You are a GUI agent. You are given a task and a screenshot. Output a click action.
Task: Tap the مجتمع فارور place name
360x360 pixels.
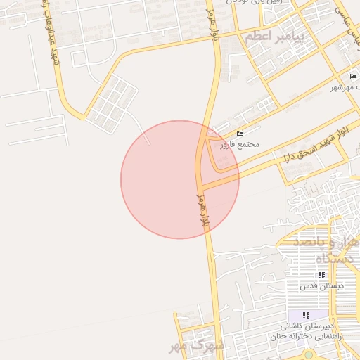(240, 145)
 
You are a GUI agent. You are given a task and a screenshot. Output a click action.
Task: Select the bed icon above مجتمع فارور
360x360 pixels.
(240, 134)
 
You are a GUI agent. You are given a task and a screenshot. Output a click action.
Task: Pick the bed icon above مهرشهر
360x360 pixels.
(353, 76)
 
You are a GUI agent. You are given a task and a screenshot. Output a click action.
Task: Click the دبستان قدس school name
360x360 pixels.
(321, 286)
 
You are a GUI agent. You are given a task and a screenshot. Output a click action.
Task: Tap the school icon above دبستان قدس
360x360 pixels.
(321, 276)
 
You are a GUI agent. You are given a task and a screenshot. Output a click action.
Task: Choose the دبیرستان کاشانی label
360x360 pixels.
(305, 326)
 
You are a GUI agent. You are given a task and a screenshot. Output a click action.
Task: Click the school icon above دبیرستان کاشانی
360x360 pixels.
(306, 315)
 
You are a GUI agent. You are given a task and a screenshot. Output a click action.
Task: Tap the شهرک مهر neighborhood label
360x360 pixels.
(198, 345)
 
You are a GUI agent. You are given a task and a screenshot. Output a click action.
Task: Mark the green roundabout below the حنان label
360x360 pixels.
(308, 354)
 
